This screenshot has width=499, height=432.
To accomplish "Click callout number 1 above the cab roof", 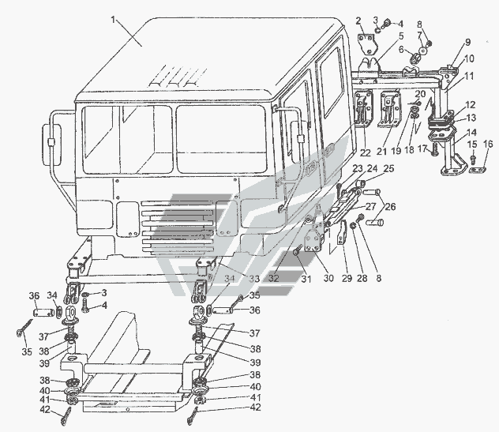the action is pyautogui.click(x=113, y=20).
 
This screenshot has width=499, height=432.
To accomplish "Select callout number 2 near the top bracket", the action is pyautogui.click(x=359, y=21).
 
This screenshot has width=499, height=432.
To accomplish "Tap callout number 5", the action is pyautogui.click(x=401, y=36).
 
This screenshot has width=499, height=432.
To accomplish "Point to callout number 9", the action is pyautogui.click(x=467, y=42).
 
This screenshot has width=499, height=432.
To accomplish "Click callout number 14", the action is pyautogui.click(x=471, y=132).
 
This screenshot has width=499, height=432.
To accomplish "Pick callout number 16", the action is pyautogui.click(x=488, y=144).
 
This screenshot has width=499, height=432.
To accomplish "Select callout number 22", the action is pyautogui.click(x=366, y=152).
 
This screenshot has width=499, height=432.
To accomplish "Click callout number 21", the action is pyautogui.click(x=382, y=152).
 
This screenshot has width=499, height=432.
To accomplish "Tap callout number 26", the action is pyautogui.click(x=391, y=207).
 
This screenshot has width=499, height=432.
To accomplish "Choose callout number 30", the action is pyautogui.click(x=328, y=277).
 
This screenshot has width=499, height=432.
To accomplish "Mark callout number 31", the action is pyautogui.click(x=306, y=279).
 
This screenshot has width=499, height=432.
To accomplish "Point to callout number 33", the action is pyautogui.click(x=254, y=279).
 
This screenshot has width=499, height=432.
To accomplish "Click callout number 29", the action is pyautogui.click(x=347, y=278).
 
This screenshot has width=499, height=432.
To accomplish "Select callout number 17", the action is pyautogui.click(x=422, y=148).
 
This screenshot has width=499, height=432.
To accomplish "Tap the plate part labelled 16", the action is pyautogui.click(x=478, y=171).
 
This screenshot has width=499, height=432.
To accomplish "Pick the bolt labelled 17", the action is pyautogui.click(x=434, y=149).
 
